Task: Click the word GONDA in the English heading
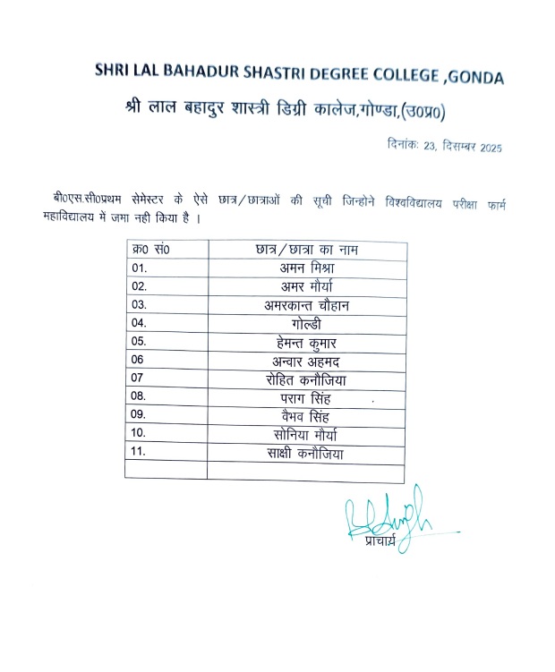pyautogui.click(x=474, y=78)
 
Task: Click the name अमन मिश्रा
pyautogui.click(x=307, y=268)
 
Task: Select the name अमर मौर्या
pyautogui.click(x=307, y=286)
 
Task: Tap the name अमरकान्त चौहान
pyautogui.click(x=307, y=306)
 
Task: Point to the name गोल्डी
pyautogui.click(x=307, y=323)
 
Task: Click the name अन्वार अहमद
pyautogui.click(x=307, y=361)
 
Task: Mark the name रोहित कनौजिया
pyautogui.click(x=307, y=379)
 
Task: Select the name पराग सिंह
pyautogui.click(x=307, y=396)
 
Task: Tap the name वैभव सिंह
pyautogui.click(x=307, y=415)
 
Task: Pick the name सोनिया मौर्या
pyautogui.click(x=307, y=435)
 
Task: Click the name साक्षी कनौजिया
pyautogui.click(x=307, y=454)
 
